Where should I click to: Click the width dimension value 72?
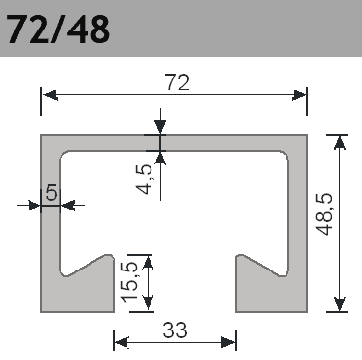click(175, 85)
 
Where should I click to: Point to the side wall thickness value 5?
click(51, 193)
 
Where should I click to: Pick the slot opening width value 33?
click(175, 330)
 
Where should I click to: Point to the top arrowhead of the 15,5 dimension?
click(149, 260)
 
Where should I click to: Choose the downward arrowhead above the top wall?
click(160, 128)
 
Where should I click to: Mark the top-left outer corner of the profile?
click(42, 136)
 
